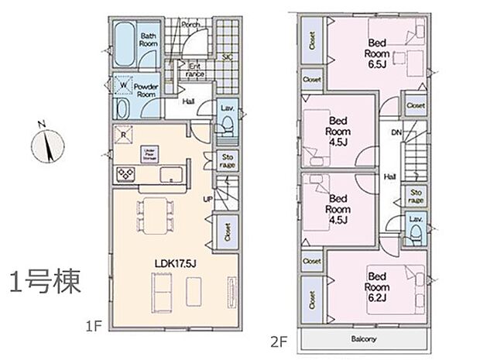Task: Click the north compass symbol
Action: pyautogui.click(x=48, y=144)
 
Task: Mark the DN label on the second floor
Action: pyautogui.click(x=396, y=133)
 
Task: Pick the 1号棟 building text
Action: pyautogui.click(x=46, y=283)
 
